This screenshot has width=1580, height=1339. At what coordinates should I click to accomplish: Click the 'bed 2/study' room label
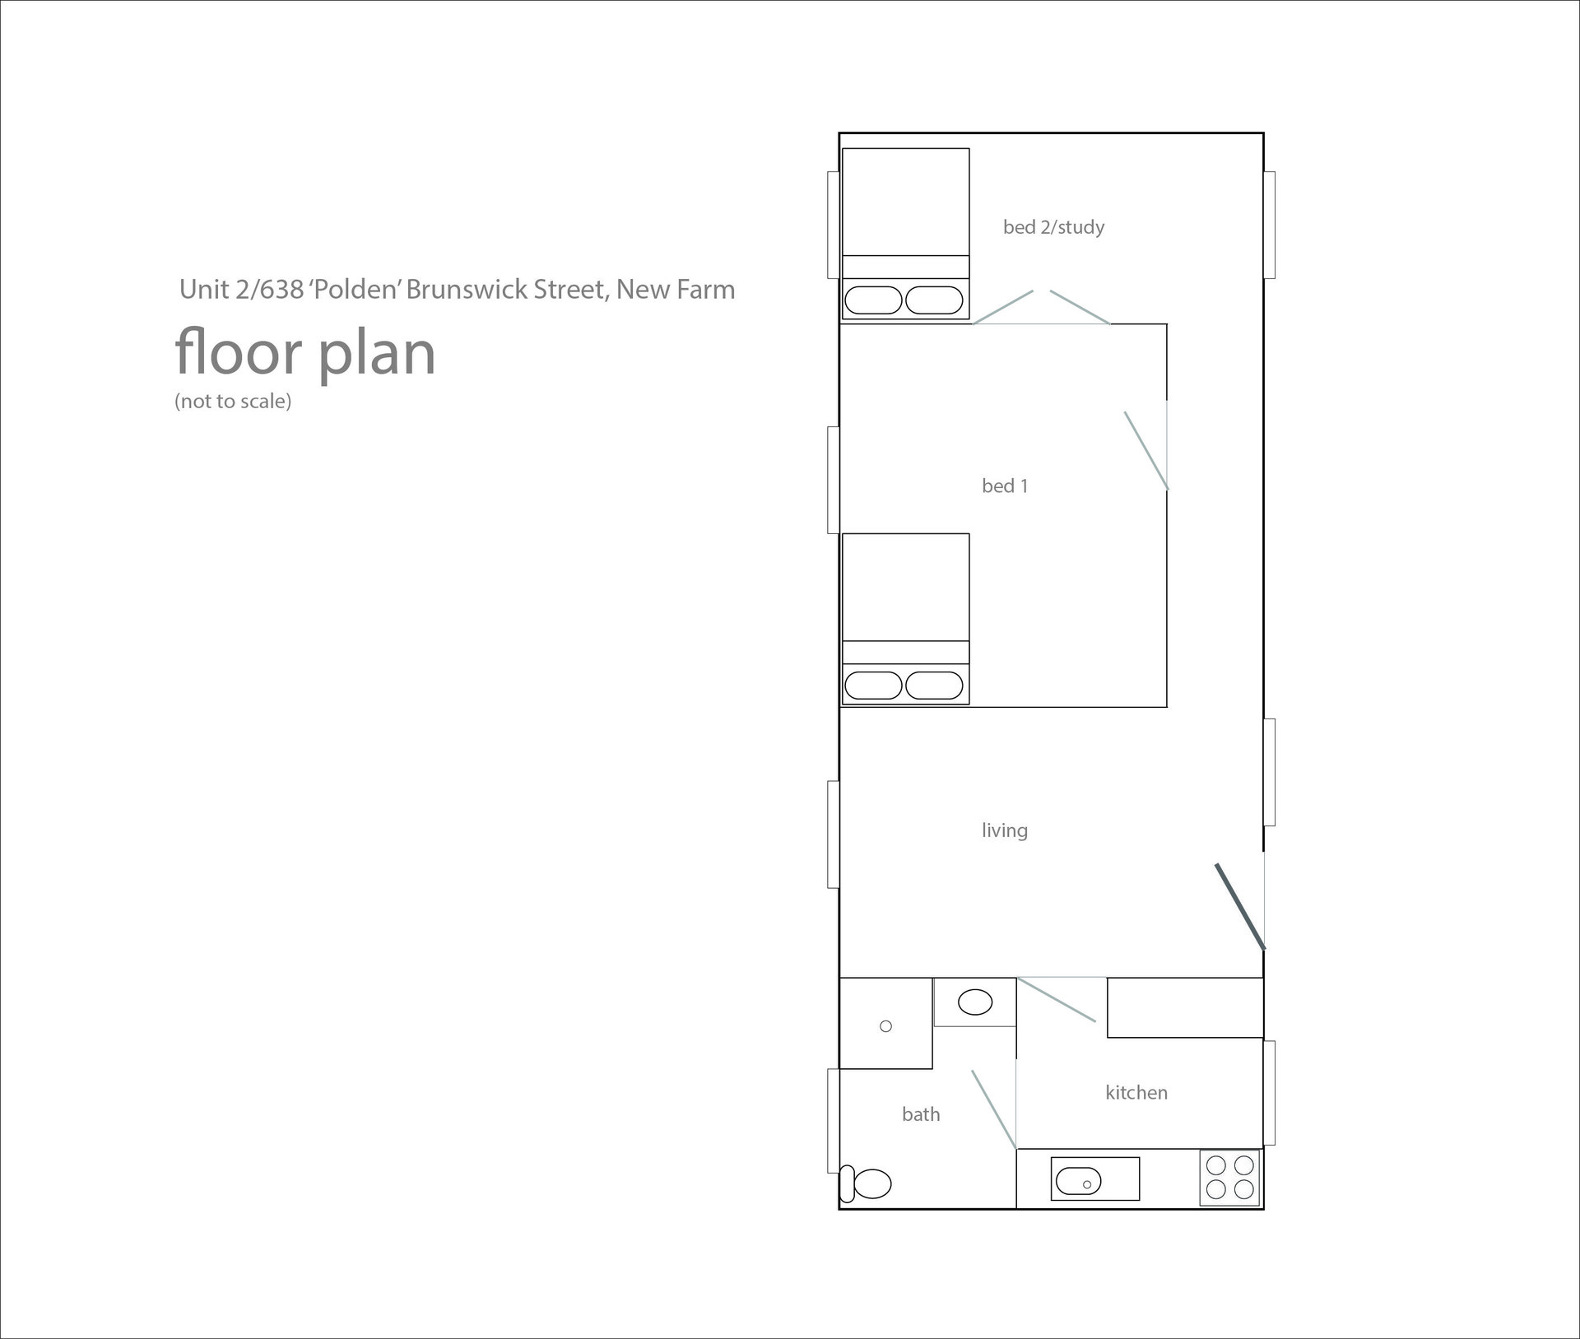(x=1053, y=227)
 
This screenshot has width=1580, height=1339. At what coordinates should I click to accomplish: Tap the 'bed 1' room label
(x=1005, y=486)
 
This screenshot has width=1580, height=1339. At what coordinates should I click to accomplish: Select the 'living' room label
(x=1005, y=830)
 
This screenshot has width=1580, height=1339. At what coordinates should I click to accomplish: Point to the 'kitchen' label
(x=1136, y=1092)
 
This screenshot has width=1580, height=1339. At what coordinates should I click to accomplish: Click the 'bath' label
(x=921, y=1114)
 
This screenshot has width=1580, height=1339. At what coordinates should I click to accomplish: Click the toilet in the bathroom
(x=866, y=1184)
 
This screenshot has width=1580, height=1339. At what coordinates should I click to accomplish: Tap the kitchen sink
(x=1095, y=1179)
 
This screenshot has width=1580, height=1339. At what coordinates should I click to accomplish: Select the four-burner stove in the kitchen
(x=1229, y=1178)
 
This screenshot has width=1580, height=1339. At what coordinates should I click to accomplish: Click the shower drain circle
(x=886, y=1026)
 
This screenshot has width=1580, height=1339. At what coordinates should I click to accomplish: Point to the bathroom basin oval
(x=975, y=1002)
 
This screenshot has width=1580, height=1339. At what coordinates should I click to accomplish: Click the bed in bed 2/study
(x=905, y=234)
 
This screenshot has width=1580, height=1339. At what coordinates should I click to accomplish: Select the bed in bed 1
(x=905, y=619)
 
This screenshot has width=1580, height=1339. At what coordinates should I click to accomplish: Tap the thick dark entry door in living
(x=1240, y=906)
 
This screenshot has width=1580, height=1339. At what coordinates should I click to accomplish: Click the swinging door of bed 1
(x=1146, y=451)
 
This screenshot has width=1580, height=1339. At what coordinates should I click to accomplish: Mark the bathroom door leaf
(x=994, y=1109)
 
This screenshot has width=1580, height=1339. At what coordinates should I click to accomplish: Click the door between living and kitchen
(x=1057, y=1000)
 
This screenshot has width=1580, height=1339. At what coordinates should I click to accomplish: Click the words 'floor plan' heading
(x=305, y=353)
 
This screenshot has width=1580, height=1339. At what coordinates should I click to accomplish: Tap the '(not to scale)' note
(x=233, y=402)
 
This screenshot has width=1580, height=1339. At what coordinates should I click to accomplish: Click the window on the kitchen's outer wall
(x=1270, y=1093)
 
